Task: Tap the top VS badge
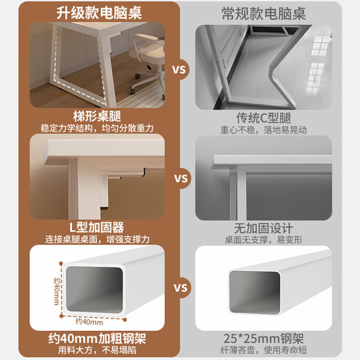tap(180, 70)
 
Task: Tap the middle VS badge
tap(180, 179)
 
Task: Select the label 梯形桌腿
tap(97, 116)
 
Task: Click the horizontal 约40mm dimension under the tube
tap(90, 321)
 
